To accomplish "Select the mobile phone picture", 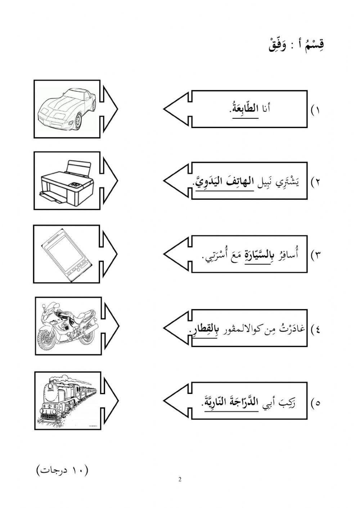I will [x=67, y=254].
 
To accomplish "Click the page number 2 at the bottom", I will [x=180, y=479].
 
